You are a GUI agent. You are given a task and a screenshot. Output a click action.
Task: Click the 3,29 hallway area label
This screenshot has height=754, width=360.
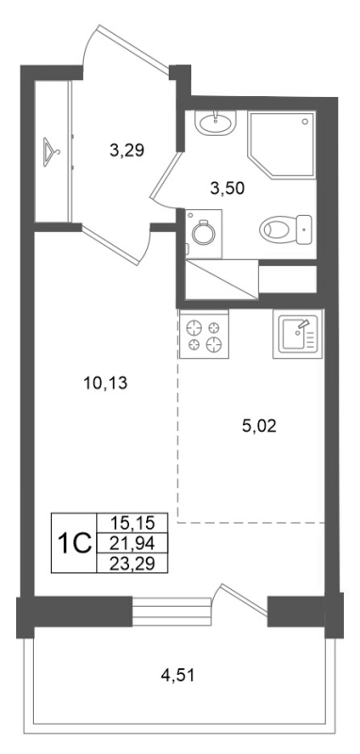click(126, 148)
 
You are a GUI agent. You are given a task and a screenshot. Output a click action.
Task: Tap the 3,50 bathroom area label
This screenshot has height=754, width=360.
click(228, 188)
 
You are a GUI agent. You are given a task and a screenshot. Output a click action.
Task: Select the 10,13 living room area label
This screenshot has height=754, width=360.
click(105, 384)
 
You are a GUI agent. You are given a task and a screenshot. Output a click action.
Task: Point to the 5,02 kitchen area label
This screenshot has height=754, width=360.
click(259, 426)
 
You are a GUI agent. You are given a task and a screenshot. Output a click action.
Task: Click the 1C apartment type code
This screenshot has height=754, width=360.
click(74, 544)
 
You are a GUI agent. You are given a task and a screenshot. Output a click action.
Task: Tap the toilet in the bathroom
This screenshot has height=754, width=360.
click(285, 227)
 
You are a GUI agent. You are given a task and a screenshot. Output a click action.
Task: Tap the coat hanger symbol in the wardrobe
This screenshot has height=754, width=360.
click(51, 149)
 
